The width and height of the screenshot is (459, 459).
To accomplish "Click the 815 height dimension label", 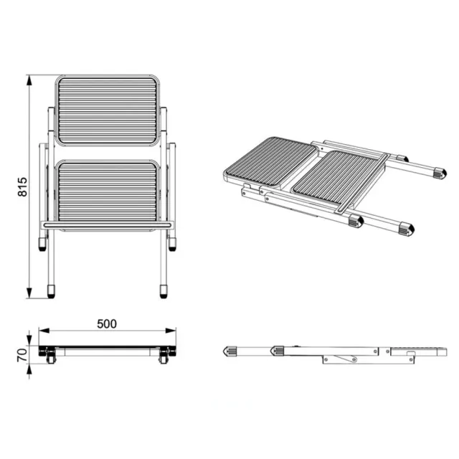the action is click(x=22, y=186).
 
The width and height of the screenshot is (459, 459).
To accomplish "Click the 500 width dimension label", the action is click(x=107, y=323).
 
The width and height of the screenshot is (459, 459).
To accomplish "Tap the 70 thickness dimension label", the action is click(x=22, y=356).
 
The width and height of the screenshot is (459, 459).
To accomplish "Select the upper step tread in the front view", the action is click(x=108, y=110).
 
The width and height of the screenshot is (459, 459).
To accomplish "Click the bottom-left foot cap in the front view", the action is click(x=51, y=291).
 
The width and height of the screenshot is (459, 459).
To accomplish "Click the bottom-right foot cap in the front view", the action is click(x=164, y=291).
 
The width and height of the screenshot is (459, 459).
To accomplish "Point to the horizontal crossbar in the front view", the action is click(x=107, y=225).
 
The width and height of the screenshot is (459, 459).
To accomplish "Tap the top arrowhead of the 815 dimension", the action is click(x=29, y=80).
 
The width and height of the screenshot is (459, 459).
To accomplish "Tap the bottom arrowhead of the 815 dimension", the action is click(x=29, y=293).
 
